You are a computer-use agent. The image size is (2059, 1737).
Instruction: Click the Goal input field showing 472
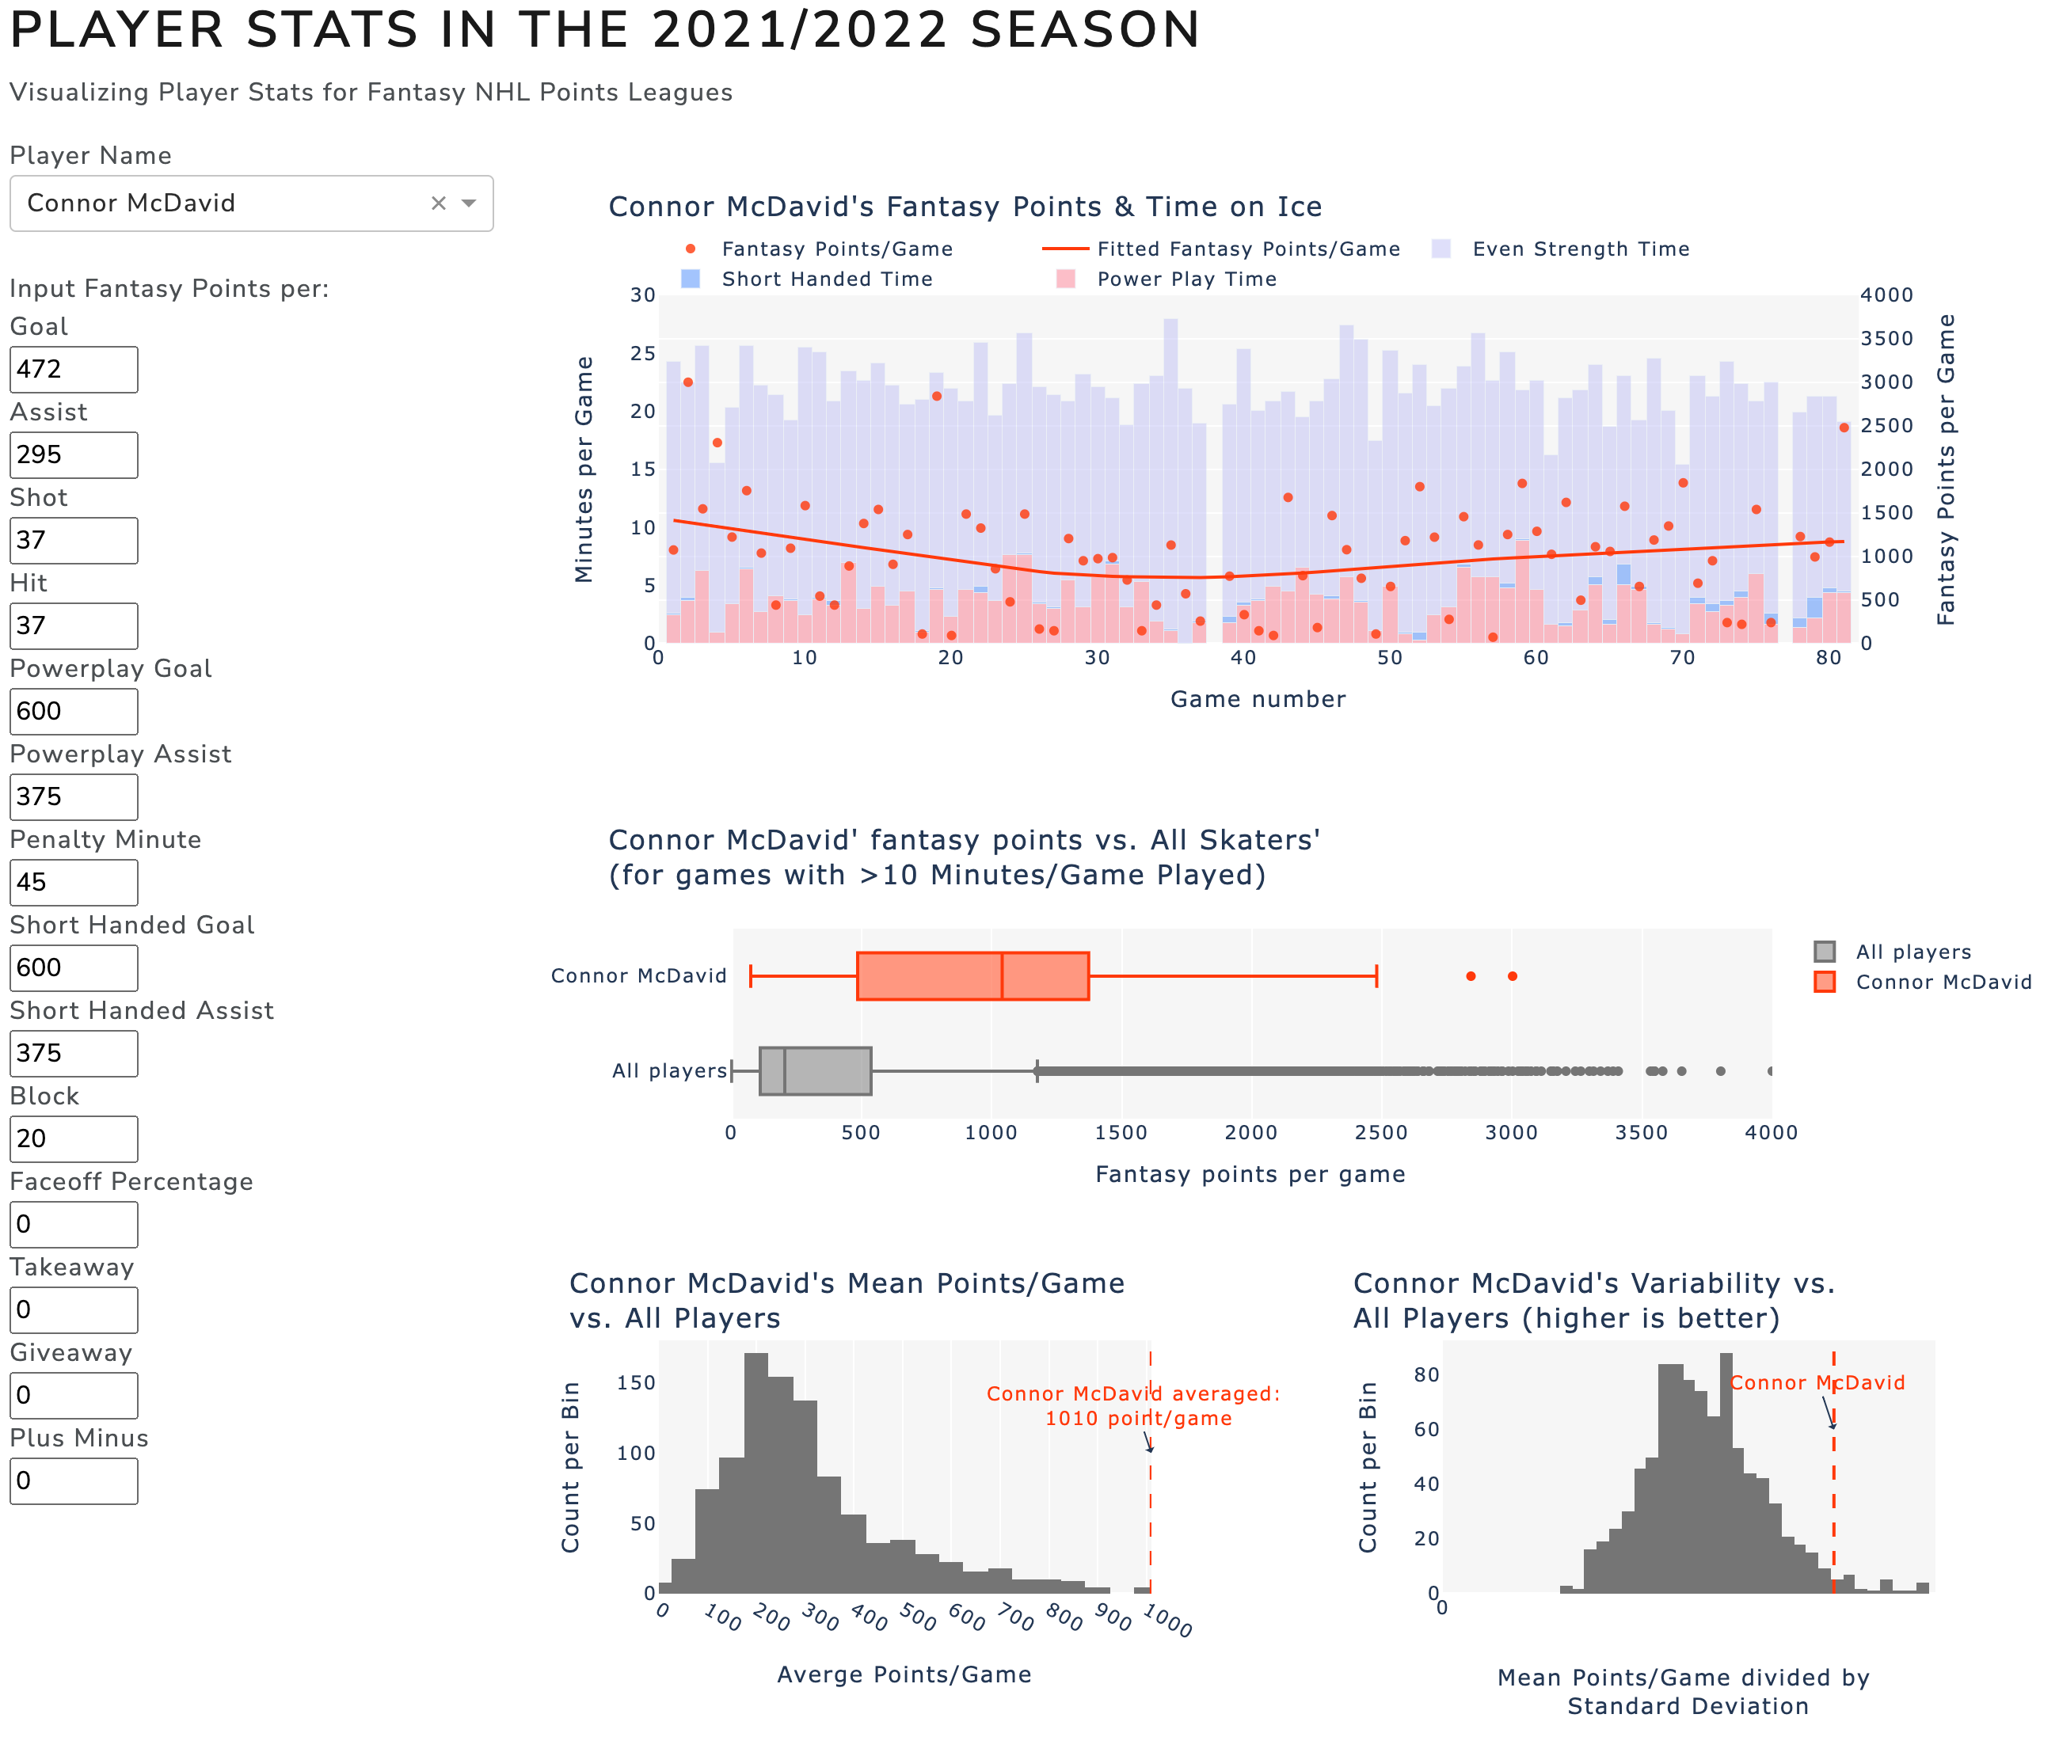point(74,369)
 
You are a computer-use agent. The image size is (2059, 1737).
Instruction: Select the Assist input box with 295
point(74,455)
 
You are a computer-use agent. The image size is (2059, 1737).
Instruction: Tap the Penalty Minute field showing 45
point(74,882)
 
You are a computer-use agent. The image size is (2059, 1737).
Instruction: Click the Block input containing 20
point(74,1139)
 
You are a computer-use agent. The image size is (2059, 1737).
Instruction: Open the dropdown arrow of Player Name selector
point(470,203)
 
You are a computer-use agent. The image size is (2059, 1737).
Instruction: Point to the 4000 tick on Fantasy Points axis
point(1886,295)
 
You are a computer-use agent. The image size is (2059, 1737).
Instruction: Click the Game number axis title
point(1258,699)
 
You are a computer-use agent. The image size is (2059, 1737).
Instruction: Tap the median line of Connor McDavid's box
point(1003,976)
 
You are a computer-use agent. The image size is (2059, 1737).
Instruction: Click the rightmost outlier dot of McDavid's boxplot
point(1513,976)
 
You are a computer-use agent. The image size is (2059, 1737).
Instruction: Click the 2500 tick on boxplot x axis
point(1380,1132)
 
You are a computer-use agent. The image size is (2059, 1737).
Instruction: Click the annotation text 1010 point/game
point(1138,1419)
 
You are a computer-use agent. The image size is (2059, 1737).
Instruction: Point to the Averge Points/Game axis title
point(904,1675)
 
